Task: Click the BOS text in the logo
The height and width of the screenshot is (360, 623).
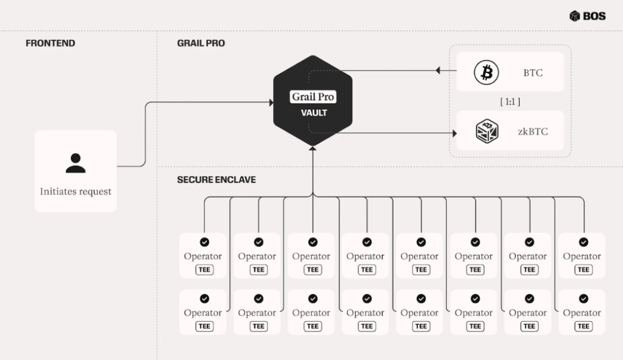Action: pos(594,16)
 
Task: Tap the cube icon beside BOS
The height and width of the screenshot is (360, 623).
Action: pos(575,16)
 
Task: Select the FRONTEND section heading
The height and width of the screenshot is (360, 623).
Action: pos(50,43)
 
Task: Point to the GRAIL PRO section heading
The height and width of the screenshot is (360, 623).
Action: pos(201,43)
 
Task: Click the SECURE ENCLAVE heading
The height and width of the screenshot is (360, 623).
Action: pos(216,180)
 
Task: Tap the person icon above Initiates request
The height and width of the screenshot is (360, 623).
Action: pos(75,163)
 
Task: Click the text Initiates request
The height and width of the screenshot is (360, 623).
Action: pos(75,191)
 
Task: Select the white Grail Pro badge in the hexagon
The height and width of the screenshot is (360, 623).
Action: pos(313,97)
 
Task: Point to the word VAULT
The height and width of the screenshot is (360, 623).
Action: pos(314,112)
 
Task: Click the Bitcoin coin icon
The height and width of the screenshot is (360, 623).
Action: pos(486,73)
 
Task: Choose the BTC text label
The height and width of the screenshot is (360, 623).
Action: pos(533,73)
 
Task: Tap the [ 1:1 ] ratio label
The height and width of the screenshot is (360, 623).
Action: pos(510,102)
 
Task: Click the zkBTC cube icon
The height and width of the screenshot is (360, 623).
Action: pos(487,131)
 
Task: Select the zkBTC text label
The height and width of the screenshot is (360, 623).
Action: pos(532,131)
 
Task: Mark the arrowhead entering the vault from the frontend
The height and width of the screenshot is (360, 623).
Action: pos(270,103)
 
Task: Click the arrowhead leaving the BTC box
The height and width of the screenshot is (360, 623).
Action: pos(438,71)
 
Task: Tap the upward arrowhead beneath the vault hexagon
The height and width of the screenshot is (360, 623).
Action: pos(313,150)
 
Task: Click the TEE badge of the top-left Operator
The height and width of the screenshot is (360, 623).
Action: pos(204,269)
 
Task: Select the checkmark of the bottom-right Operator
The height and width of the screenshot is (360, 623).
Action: pos(583,299)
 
